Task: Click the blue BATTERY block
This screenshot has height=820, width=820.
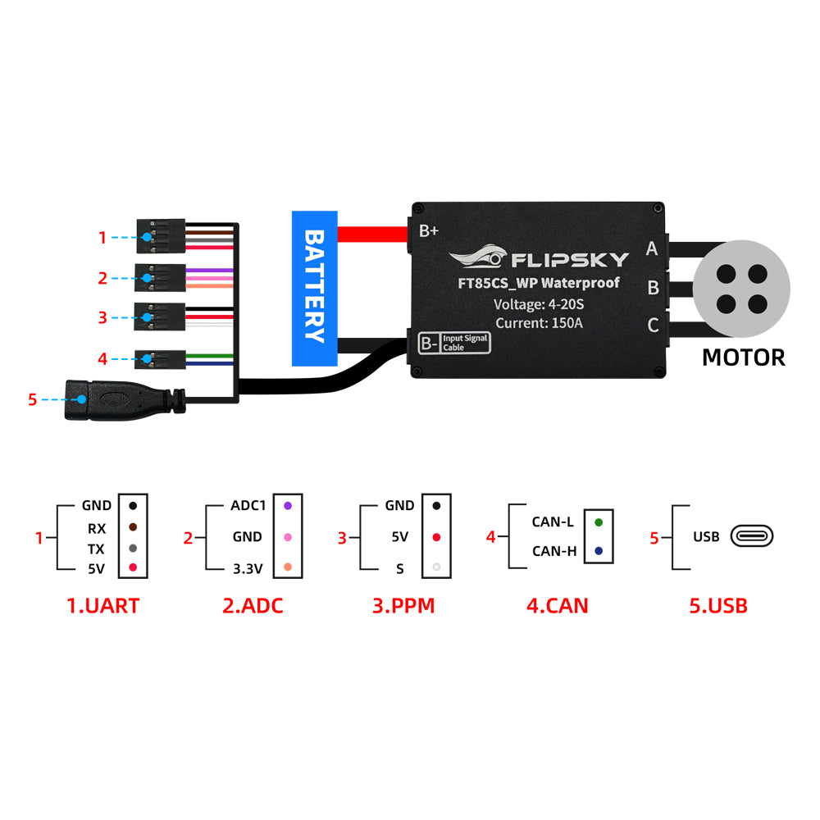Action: click(315, 288)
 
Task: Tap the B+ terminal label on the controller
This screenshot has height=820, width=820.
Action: click(429, 230)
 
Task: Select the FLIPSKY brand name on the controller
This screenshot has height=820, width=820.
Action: click(570, 260)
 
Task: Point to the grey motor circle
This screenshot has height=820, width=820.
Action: click(741, 288)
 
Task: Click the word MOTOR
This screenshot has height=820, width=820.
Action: click(743, 358)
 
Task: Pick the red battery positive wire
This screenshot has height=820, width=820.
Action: click(373, 234)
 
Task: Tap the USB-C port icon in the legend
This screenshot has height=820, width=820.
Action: click(752, 537)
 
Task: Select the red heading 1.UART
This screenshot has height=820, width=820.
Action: click(102, 606)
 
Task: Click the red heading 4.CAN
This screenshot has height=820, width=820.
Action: click(557, 606)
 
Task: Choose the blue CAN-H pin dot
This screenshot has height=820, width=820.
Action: click(599, 551)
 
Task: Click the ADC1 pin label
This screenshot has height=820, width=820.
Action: click(248, 506)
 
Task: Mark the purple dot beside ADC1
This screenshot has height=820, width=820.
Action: click(287, 506)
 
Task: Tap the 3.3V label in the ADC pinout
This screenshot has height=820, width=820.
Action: click(247, 567)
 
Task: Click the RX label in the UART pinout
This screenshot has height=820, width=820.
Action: click(97, 529)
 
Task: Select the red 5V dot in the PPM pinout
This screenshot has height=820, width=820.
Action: click(437, 537)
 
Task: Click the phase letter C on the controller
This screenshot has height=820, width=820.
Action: click(653, 326)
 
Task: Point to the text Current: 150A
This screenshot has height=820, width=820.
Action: click(538, 322)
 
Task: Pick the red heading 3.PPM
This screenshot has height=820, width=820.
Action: click(403, 606)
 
